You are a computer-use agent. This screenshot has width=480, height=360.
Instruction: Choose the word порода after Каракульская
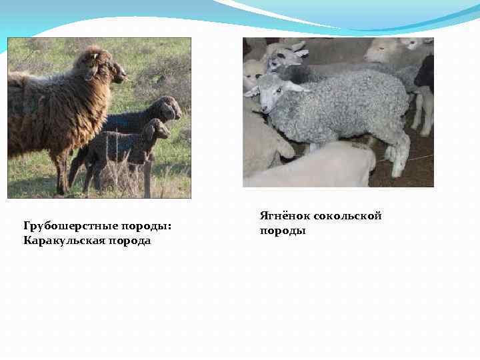pos(131,241)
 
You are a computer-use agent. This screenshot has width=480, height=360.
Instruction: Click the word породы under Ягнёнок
pos(283,231)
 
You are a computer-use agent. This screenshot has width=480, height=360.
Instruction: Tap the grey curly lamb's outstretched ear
pos(252,92)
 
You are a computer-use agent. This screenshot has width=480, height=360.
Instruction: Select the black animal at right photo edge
pos(425,73)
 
